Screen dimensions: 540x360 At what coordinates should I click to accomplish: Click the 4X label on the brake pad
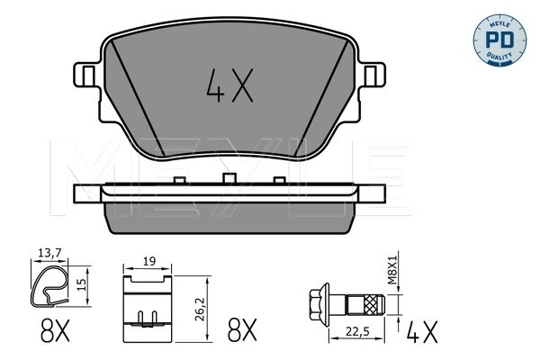click(x=229, y=85)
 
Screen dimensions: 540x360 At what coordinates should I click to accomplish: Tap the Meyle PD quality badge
click(x=499, y=40)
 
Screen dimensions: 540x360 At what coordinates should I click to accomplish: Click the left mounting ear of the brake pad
click(x=86, y=75)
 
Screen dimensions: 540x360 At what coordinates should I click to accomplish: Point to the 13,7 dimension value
click(x=49, y=254)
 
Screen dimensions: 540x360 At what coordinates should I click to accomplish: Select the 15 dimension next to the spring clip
click(x=81, y=284)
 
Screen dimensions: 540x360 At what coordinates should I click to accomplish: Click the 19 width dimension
click(x=148, y=262)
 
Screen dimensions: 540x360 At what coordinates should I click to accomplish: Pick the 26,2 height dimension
click(x=200, y=309)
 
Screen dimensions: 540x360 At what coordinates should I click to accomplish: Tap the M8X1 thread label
click(x=392, y=270)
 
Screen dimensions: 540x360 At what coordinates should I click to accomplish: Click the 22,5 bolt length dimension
click(x=358, y=331)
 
